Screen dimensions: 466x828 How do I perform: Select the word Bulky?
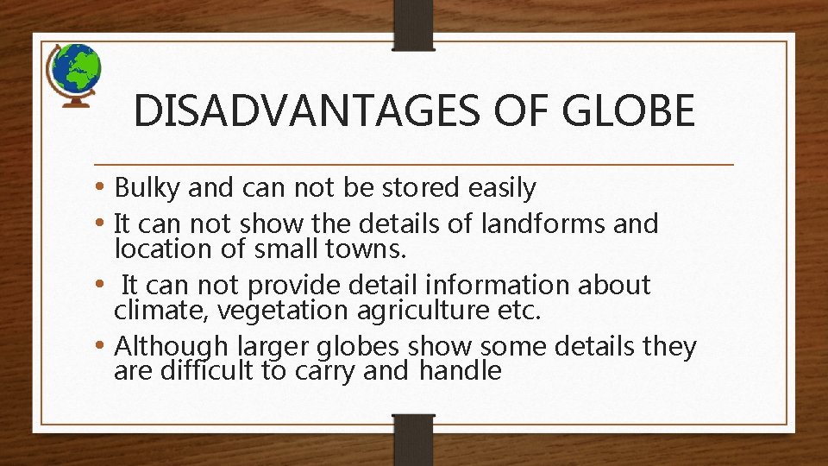(147, 187)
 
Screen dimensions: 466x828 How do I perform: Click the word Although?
(169, 347)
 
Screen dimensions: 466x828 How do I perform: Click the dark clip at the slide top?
(413, 24)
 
